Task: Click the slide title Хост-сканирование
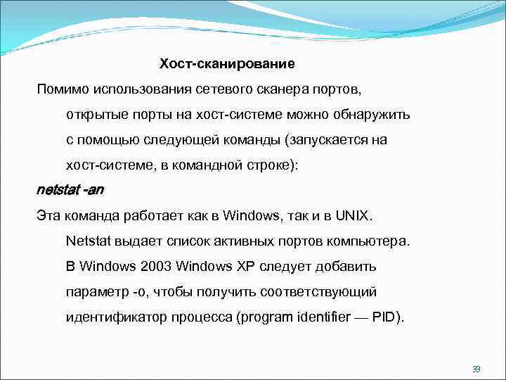227,64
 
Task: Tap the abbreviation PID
385,317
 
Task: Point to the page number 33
476,369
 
